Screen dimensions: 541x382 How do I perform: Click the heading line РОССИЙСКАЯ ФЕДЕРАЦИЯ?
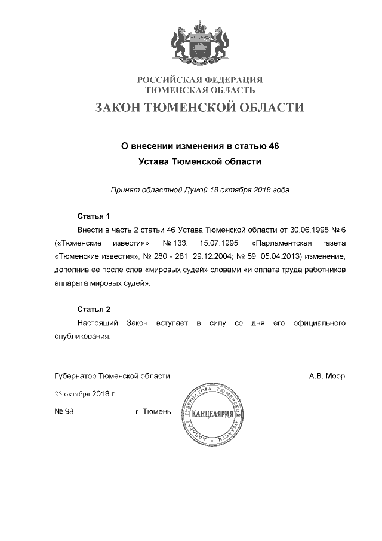pyautogui.click(x=200, y=80)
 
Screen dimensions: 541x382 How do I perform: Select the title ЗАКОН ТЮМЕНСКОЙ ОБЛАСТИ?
pyautogui.click(x=200, y=108)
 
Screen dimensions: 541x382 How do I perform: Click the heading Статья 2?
pyautogui.click(x=94, y=310)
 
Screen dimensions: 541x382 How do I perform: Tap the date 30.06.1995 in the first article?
pyautogui.click(x=303, y=230)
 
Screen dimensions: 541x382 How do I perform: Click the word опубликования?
pyautogui.click(x=82, y=337)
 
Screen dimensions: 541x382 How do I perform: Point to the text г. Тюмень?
pyautogui.click(x=153, y=412)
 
